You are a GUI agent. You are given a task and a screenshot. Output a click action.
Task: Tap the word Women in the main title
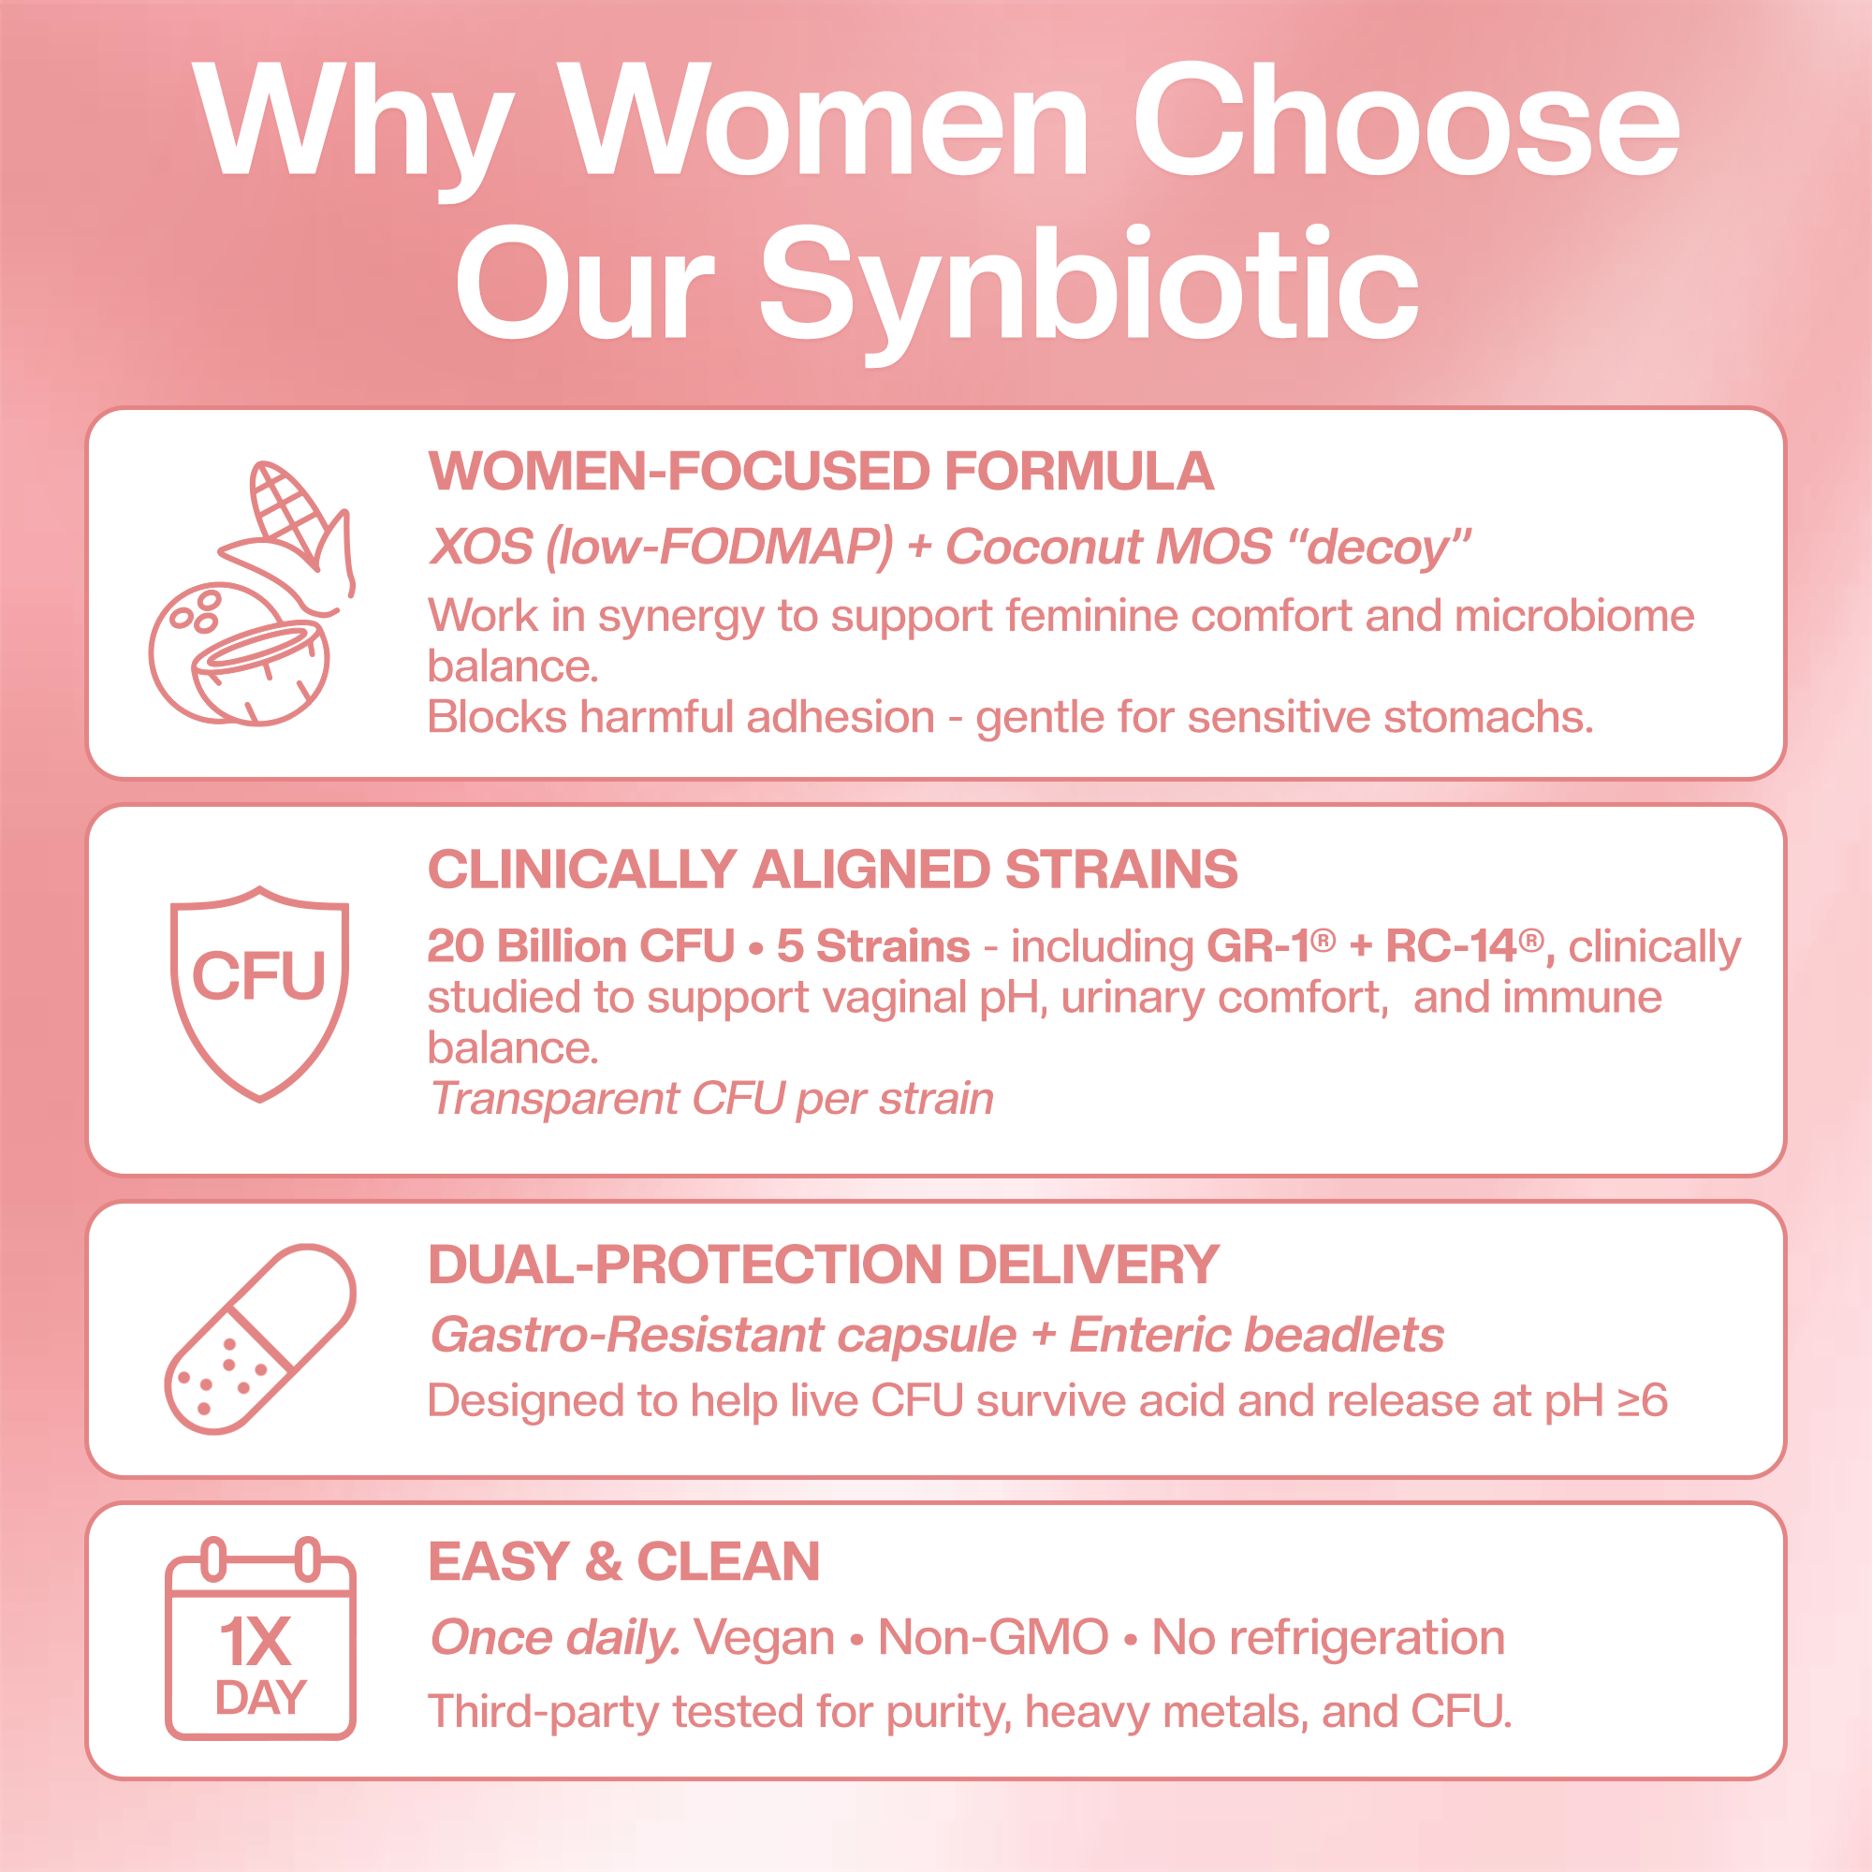(x=825, y=121)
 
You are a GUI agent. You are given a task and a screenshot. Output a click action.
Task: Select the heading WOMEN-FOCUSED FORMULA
(x=821, y=472)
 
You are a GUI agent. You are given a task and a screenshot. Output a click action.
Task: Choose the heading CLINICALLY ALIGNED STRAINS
(x=832, y=869)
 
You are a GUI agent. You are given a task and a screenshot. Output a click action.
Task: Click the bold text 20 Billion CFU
(x=580, y=945)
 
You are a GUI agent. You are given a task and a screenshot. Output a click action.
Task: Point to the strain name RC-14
(x=1451, y=945)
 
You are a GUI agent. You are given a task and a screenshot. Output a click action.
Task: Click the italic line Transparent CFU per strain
(x=712, y=1098)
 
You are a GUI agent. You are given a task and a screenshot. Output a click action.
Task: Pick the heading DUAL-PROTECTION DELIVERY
(x=824, y=1265)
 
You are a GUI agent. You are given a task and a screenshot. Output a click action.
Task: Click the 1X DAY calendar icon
(x=259, y=1637)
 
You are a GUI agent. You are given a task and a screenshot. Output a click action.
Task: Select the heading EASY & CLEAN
(x=624, y=1561)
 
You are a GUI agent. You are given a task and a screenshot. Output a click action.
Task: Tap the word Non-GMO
(x=992, y=1637)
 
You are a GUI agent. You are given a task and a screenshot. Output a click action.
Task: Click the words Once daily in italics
(x=554, y=1637)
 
